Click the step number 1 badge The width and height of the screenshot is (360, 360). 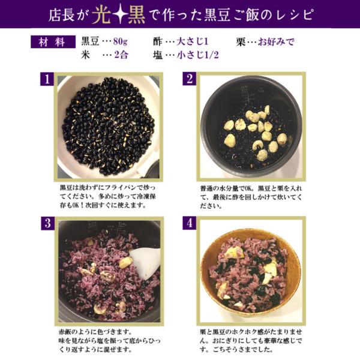[47, 79]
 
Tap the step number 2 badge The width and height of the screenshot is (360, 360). [190, 79]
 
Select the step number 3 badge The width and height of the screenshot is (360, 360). [48, 223]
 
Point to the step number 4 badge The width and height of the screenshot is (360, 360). [190, 223]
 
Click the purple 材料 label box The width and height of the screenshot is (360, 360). [53, 42]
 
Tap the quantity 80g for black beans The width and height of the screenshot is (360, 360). [121, 42]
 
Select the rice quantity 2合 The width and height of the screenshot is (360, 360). [121, 55]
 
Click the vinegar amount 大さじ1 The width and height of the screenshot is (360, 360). [192, 42]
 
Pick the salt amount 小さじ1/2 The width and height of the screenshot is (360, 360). [197, 55]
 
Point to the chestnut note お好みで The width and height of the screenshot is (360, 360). [276, 42]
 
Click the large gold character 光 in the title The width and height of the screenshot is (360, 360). [101, 15]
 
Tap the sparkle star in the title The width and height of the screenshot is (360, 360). [119, 15]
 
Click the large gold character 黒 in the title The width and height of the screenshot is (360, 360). [136, 15]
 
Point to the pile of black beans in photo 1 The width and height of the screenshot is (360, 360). [108, 126]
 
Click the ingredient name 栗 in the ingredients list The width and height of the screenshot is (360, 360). [241, 42]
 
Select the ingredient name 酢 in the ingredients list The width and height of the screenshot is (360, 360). [157, 42]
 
